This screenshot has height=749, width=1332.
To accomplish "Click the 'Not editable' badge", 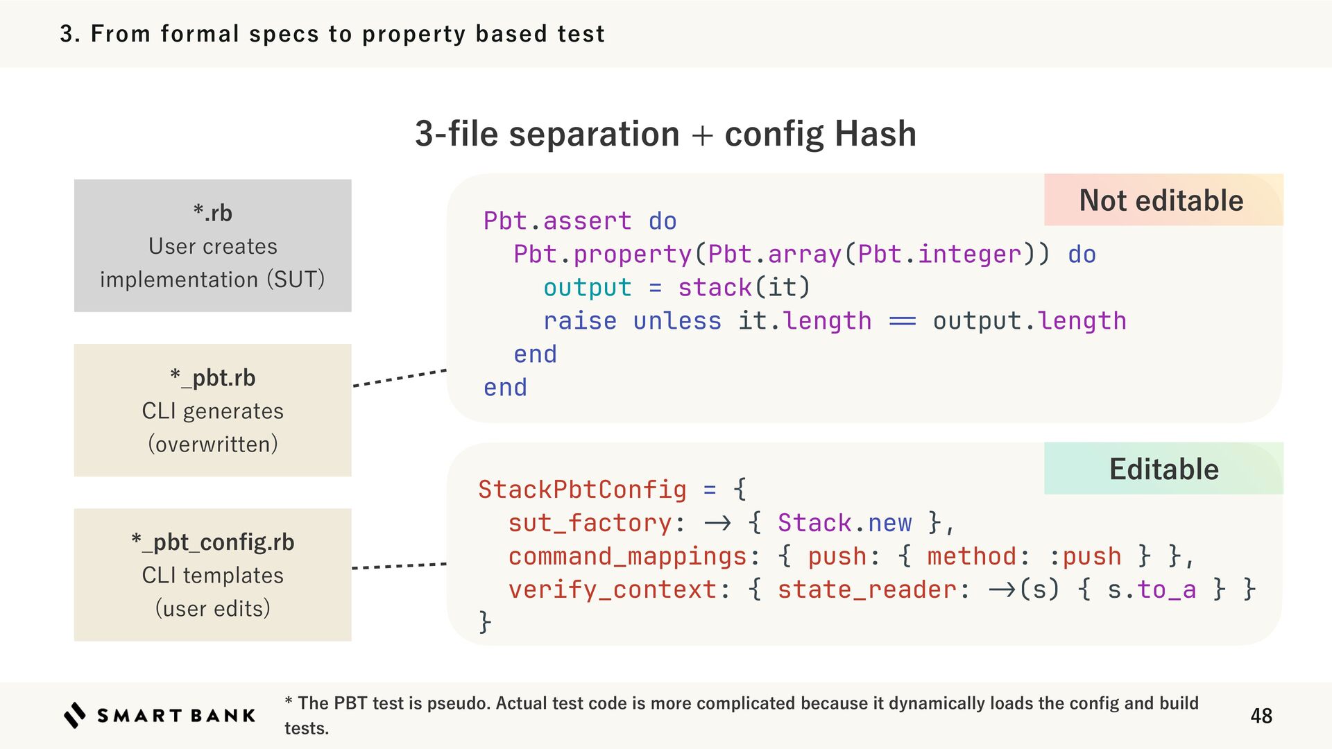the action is click(1162, 200).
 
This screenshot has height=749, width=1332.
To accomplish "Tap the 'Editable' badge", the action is click(1163, 470).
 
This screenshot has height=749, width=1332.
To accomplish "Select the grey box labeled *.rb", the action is click(212, 246).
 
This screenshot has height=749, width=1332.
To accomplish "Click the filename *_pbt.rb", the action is click(212, 378).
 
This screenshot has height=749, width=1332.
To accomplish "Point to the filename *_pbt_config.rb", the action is click(212, 542).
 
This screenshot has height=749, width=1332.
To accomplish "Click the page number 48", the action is click(1261, 716).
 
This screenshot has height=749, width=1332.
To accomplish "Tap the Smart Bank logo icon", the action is click(75, 715).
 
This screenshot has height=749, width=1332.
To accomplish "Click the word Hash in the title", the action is click(875, 134).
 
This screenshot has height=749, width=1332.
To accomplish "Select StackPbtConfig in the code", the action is click(581, 490).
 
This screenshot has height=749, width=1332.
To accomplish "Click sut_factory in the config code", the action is click(590, 523).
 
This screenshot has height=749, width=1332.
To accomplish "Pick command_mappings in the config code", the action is click(627, 556).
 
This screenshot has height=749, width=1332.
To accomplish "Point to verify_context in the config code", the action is click(612, 589).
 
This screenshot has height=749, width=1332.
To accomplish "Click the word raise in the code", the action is click(579, 321).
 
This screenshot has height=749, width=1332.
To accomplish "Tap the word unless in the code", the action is click(676, 321).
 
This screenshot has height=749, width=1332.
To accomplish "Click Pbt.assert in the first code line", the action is click(557, 221).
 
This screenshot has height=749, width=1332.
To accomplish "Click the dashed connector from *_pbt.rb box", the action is click(399, 378).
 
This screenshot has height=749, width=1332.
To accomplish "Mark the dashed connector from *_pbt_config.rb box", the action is click(399, 566).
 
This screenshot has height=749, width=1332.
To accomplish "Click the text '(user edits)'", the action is click(212, 608).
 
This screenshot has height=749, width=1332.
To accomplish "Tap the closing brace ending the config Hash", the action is click(485, 621).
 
